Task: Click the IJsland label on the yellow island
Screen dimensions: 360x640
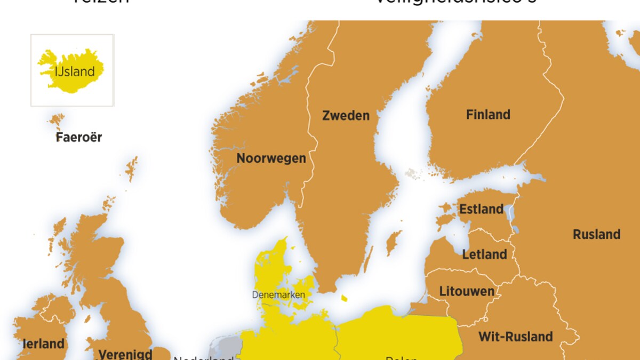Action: [75, 71]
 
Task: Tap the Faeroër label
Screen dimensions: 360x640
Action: [78, 137]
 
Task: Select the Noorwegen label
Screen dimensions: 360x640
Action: [271, 158]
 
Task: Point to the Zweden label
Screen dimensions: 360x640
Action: [346, 115]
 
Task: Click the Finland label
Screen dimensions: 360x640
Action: [488, 114]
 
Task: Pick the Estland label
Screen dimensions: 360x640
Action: [481, 209]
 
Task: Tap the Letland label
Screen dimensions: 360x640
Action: [484, 254]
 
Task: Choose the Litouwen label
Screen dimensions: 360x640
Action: [467, 291]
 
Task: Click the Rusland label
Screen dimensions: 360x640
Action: [596, 234]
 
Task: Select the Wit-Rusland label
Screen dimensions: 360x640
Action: [515, 337]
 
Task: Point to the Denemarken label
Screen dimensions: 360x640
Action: [278, 294]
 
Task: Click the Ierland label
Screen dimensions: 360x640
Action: [44, 344]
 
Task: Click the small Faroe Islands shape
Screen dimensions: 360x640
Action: [57, 121]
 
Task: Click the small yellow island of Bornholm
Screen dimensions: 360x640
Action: [344, 298]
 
